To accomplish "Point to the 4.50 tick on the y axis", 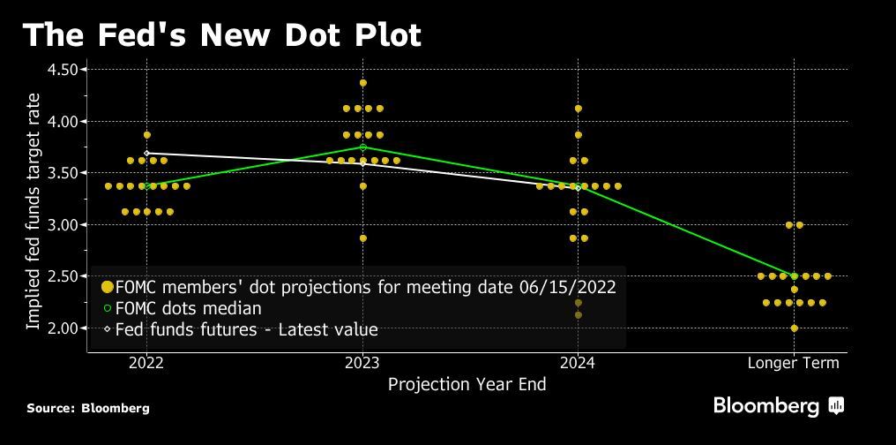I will coord(63,69).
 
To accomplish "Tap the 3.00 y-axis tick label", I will coord(63,224).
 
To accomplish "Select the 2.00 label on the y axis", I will coord(63,328).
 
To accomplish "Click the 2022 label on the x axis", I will coord(146,363).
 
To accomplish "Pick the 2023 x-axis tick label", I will coord(362,363).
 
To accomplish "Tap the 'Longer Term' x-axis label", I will coord(794,363).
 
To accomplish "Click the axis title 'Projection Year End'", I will coord(467,384).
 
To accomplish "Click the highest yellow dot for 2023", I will coord(363,83).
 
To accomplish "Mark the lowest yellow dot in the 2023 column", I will coord(363,238).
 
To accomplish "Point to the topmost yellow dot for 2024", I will coord(579,109).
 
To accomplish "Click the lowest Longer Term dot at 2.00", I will coord(795,328).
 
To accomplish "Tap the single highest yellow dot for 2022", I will coord(147,135).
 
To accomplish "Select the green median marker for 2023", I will coord(363,147).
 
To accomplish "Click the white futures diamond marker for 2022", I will coord(147,154).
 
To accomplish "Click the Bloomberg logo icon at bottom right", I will coord(837,406).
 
